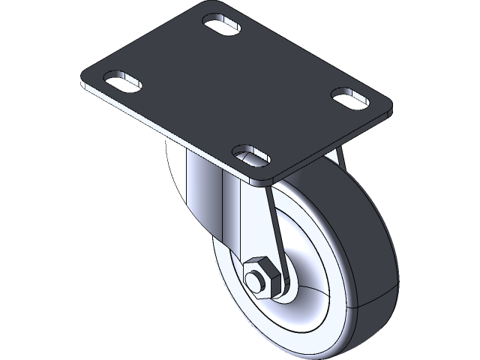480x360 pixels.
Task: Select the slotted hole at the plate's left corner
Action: (x=121, y=80)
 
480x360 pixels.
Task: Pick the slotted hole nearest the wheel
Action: (x=250, y=154)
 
